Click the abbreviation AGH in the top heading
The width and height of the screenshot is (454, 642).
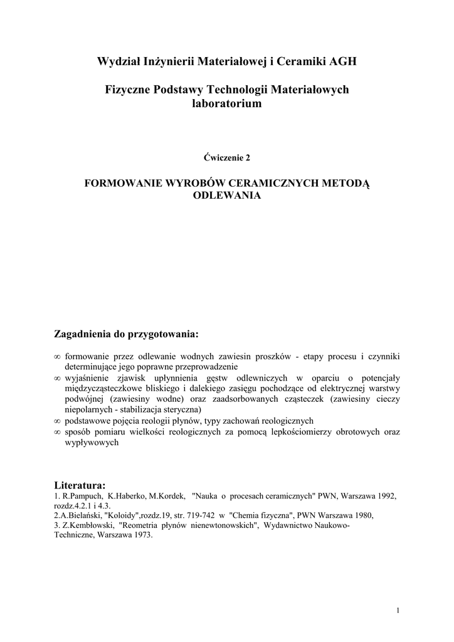[341, 61]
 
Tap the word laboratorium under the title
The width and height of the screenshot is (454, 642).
[226, 104]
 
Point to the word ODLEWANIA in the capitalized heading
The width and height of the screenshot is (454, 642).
[226, 196]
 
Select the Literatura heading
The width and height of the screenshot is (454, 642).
[80, 485]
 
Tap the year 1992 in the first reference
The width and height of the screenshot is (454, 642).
[384, 496]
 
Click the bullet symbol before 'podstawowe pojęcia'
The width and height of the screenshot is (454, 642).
[58, 421]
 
